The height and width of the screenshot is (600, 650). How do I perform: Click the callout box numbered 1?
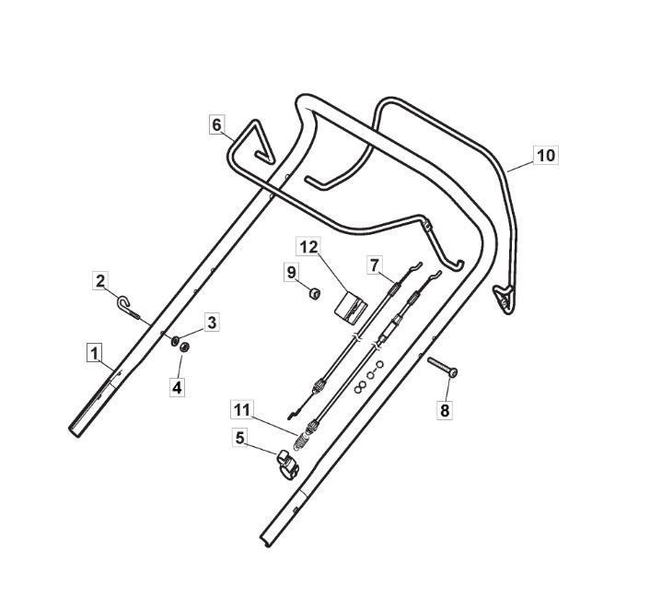coord(95,354)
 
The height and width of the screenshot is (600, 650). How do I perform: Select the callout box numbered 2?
coord(100,281)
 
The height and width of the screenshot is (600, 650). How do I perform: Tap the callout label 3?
coord(212,322)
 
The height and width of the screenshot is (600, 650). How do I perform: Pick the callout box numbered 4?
coord(177,387)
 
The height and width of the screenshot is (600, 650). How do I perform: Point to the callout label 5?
coord(240,438)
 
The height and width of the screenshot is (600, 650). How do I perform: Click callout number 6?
coord(216,124)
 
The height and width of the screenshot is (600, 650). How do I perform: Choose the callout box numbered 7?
coord(375,265)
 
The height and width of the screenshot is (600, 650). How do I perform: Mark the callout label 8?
coord(445,410)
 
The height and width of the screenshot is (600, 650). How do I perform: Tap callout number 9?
coord(292,272)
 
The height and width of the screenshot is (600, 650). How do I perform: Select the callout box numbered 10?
coord(546,155)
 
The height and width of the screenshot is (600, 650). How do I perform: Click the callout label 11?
coord(242,410)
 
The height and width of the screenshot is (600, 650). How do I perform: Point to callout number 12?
coord(308,246)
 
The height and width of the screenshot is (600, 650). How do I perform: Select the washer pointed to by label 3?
coord(175,341)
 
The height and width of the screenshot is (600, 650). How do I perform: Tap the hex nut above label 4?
coord(184,347)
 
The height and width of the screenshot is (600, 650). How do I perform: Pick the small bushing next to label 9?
coord(315,293)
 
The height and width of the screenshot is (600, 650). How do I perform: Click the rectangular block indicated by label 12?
coord(350,308)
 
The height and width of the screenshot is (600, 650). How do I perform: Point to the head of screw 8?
coord(453,373)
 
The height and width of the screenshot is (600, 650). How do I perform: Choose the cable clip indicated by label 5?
coord(288,465)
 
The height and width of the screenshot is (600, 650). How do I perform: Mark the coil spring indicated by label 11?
coord(302,440)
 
